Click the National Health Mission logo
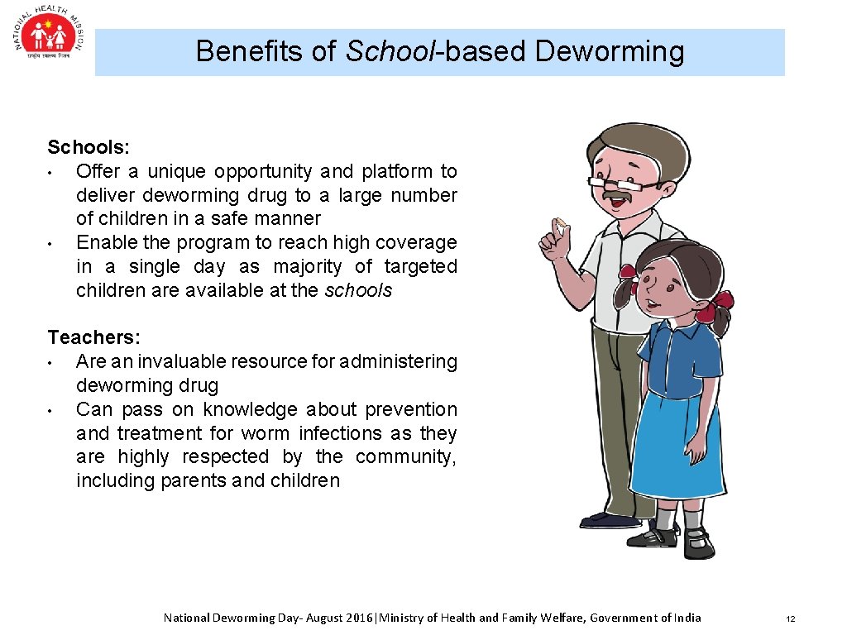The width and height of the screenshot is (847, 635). tap(49, 37)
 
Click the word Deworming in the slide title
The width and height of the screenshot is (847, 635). tap(610, 51)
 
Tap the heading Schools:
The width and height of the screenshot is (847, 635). tap(88, 147)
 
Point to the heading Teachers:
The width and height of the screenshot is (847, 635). tap(93, 337)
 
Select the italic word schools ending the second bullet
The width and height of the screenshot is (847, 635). tap(358, 290)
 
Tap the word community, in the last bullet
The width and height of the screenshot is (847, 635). tap(405, 456)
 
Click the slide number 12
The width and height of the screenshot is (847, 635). tap(790, 618)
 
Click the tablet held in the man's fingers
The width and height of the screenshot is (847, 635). tap(561, 222)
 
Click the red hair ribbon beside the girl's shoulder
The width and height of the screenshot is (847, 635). tap(716, 305)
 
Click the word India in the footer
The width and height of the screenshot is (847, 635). tap(687, 618)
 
